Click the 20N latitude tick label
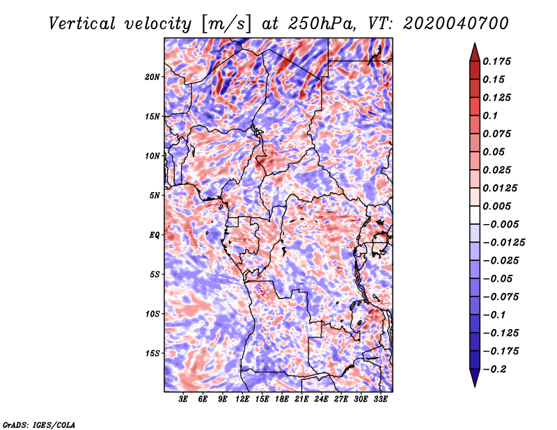152,77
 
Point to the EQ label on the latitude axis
154,235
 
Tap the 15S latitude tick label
152,353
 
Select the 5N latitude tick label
155,196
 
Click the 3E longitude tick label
183,399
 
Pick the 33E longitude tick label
380,399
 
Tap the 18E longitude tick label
282,399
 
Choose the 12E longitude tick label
242,399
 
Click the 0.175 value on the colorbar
496,61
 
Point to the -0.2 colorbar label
494,369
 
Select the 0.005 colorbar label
496,206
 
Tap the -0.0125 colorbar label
503,243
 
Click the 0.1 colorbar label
490,116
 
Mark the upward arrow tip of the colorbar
475,43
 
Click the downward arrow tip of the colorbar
475,386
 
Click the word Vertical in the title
82,24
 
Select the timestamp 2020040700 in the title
456,24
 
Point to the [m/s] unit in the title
226,24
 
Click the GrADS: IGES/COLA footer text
39,425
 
